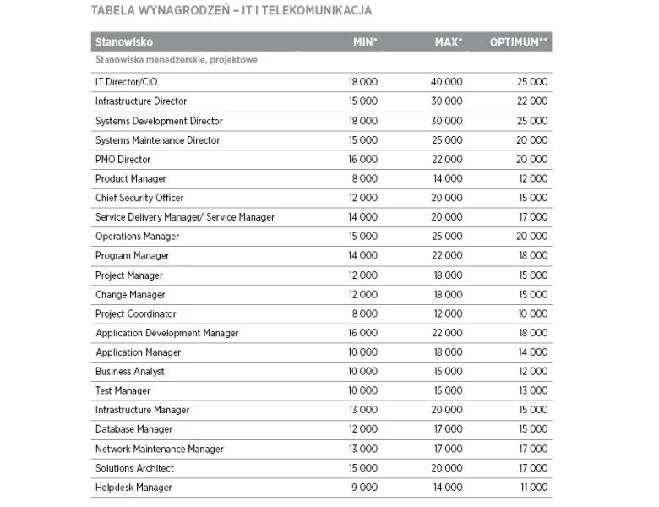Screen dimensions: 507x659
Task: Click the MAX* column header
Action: click(449, 42)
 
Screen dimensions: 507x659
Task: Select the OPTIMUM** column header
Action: click(520, 42)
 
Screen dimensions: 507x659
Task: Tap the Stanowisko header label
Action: click(124, 42)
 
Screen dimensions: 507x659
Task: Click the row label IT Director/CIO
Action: click(126, 82)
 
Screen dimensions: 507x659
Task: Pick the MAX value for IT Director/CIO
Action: click(447, 82)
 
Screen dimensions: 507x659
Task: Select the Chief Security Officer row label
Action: click(139, 198)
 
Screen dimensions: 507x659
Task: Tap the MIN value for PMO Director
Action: click(362, 159)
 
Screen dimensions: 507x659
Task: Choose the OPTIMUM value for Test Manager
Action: click(532, 390)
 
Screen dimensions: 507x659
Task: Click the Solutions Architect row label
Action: click(134, 468)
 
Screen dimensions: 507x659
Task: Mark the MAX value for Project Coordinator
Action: click(448, 313)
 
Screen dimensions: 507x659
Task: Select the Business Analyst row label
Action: click(130, 372)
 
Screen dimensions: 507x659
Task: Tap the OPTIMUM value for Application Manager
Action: click(532, 352)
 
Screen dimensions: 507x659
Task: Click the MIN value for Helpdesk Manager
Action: click(364, 488)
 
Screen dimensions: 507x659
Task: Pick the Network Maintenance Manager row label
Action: click(160, 449)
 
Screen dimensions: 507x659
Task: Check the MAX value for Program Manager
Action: click(447, 255)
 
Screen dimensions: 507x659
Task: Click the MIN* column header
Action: click(365, 42)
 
